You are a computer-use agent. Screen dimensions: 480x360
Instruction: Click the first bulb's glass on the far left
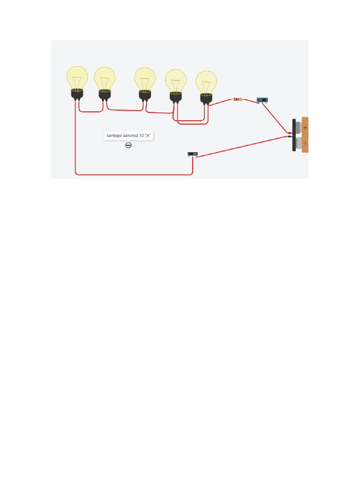(x=77, y=77)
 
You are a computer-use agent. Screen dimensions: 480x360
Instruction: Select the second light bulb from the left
(x=105, y=78)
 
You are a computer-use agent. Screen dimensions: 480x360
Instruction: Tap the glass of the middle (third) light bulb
(x=145, y=79)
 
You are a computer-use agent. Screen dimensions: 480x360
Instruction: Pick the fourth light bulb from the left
(x=175, y=81)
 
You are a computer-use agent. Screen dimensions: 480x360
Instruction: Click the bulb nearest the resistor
(x=206, y=82)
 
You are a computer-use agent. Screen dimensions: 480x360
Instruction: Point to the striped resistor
(x=238, y=99)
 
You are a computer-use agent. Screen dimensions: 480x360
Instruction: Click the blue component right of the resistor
(x=262, y=100)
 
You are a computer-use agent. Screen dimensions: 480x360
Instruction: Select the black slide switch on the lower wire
(x=193, y=154)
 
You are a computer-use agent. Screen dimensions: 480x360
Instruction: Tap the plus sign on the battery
(x=305, y=127)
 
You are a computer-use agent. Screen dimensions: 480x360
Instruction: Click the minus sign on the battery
(x=305, y=142)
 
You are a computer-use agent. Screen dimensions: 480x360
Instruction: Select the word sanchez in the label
(x=131, y=136)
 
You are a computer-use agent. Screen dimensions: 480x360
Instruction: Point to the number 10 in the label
(x=142, y=136)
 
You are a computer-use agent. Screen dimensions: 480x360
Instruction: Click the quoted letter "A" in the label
(x=148, y=136)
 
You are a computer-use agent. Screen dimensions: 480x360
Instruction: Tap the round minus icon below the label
(x=128, y=145)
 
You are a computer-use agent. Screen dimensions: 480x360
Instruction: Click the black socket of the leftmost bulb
(x=77, y=94)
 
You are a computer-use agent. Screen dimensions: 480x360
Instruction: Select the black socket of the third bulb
(x=145, y=95)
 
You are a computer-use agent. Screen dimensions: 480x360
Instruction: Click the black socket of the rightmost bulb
(x=206, y=98)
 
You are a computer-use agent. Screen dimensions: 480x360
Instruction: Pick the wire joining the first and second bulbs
(x=91, y=112)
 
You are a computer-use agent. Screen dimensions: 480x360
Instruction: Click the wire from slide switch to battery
(x=244, y=146)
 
